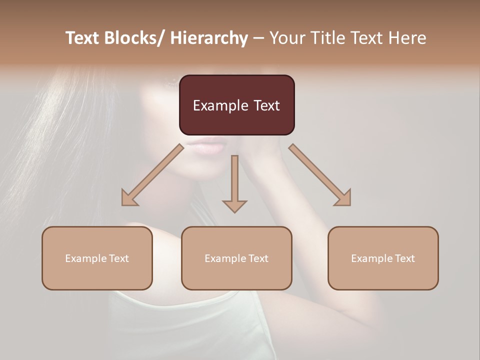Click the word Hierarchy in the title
(208, 38)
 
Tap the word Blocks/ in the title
(132, 38)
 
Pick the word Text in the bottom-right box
(404, 258)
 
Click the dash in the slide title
(258, 38)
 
